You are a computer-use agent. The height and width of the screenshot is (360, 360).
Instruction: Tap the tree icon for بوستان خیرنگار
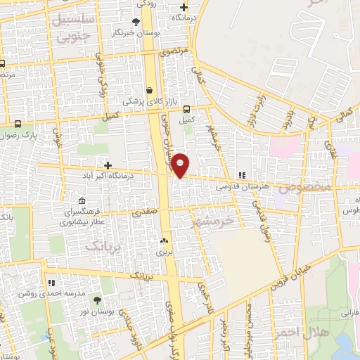[x=136, y=22]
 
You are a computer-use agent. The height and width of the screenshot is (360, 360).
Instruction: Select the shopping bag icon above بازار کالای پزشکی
[x=150, y=91]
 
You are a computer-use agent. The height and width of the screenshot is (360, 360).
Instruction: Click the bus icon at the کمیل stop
[x=186, y=109]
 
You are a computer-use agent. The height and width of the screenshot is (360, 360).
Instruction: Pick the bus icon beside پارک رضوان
[x=18, y=124]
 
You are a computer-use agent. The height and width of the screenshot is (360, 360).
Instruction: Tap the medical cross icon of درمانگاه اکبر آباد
[x=108, y=165]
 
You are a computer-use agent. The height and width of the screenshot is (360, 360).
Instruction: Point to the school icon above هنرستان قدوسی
[x=243, y=175]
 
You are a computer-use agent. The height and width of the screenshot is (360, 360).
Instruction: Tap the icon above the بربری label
[x=164, y=240]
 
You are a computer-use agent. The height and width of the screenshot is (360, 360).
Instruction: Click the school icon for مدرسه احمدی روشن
[x=51, y=282]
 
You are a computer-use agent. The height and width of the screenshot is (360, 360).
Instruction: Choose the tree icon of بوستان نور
[x=97, y=300]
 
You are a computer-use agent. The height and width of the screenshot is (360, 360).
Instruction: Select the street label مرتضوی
[x=172, y=52]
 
